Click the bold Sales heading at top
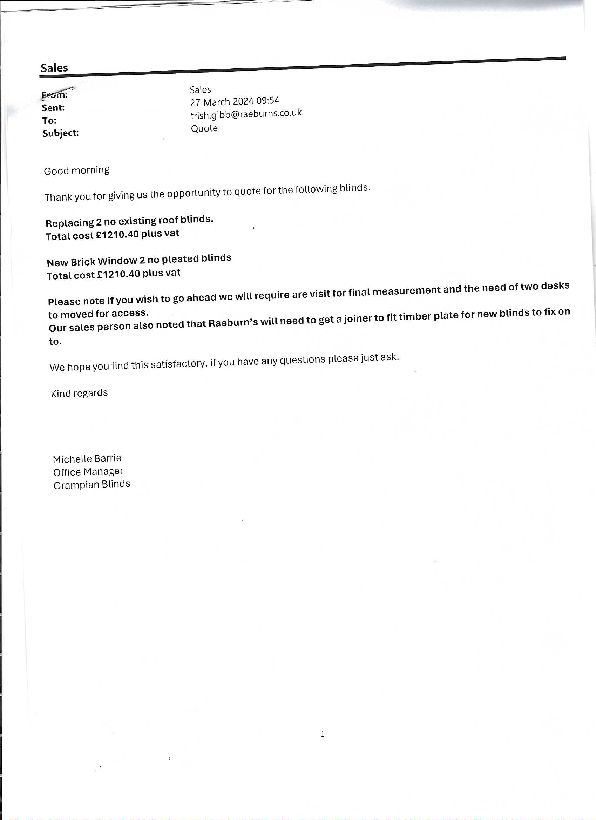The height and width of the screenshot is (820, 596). tap(54, 68)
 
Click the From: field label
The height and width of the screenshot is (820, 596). tap(55, 95)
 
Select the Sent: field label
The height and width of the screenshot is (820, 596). tap(53, 108)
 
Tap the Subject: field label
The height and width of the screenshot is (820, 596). tap(61, 133)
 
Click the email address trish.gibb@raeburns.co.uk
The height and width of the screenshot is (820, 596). tap(246, 114)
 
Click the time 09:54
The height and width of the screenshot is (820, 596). tap(268, 100)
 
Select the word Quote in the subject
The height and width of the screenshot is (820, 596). tap(204, 128)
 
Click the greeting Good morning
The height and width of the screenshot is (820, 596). tap(77, 170)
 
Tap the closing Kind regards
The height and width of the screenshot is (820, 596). tap(79, 393)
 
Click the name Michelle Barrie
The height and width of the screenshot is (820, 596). tap(87, 459)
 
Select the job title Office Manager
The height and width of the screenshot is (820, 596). tap(88, 472)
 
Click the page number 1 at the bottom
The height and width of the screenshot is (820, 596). tap(323, 734)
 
